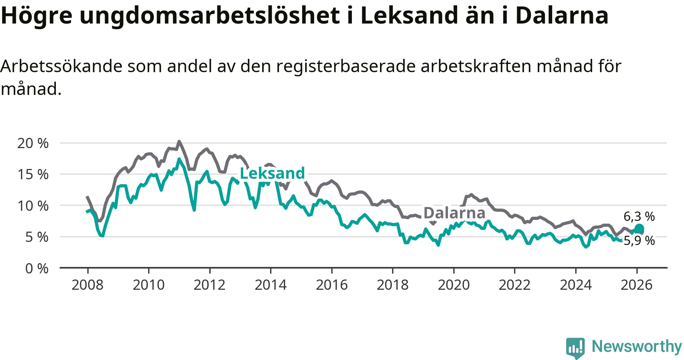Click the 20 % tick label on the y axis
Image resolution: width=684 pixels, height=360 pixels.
click(33, 143)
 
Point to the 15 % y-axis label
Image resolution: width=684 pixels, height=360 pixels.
click(33, 174)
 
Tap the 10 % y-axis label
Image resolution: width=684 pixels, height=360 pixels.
click(33, 206)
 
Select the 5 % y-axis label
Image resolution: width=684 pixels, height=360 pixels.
click(37, 237)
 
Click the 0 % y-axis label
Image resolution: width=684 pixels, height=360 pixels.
click(37, 268)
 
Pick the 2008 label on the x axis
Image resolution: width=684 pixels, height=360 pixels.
click(87, 285)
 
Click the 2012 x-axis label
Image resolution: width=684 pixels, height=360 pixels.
click(209, 285)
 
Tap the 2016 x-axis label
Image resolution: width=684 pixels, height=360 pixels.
click(331, 285)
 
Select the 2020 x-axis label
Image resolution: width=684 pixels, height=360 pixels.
click(453, 285)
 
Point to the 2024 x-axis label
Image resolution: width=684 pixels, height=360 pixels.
click(575, 285)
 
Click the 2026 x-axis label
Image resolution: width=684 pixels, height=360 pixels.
click(636, 285)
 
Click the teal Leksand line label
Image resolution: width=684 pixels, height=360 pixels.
click(272, 173)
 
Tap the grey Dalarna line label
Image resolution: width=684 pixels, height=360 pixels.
click(454, 213)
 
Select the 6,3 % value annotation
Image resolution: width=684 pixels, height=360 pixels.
click(639, 216)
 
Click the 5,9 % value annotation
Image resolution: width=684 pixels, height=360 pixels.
click(639, 241)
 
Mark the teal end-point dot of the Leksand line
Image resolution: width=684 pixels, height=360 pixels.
click(639, 228)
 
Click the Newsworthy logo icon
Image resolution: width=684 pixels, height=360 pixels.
click(575, 347)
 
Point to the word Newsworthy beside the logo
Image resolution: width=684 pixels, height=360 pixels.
click(637, 346)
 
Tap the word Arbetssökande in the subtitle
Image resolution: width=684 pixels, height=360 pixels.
click(62, 66)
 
